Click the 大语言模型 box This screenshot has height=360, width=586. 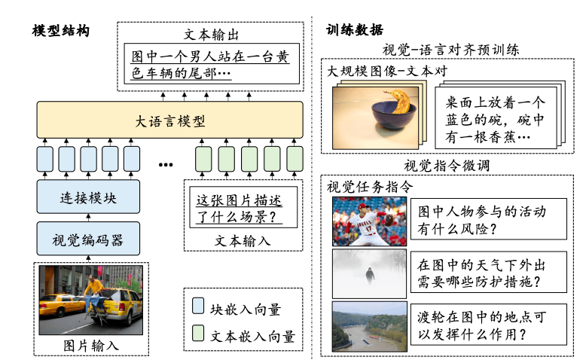pos(170,120)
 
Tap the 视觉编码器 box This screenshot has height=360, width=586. pos(89,240)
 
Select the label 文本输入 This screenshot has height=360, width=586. pos(242,240)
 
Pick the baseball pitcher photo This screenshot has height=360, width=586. pos(369,221)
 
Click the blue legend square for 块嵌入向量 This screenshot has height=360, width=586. pos(198,307)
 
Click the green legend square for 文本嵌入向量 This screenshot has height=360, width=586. pos(198,334)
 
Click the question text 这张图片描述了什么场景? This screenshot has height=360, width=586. pos(242,209)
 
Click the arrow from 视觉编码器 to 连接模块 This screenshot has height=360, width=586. pos(89,218)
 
